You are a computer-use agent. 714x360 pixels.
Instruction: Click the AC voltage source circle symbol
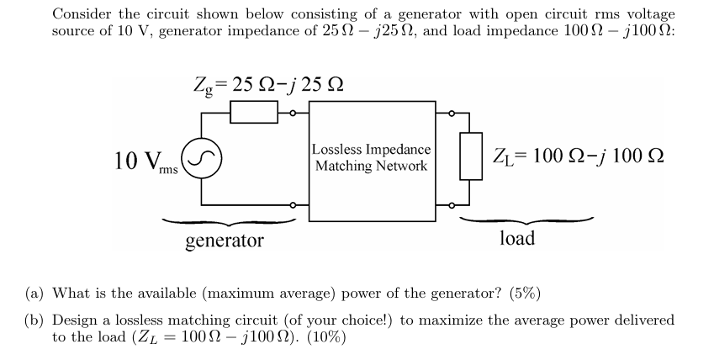point(202,158)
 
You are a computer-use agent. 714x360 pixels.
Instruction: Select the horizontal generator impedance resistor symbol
point(255,111)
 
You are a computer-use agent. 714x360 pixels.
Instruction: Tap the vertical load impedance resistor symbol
point(471,156)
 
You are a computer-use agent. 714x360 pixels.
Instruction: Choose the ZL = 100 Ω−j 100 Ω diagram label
point(577,157)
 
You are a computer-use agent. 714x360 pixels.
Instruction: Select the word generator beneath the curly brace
point(224,241)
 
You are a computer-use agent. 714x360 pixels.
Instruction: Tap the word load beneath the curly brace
point(516,238)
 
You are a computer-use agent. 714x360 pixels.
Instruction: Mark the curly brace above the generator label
point(227,222)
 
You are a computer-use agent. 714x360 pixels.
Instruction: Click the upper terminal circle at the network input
point(292,111)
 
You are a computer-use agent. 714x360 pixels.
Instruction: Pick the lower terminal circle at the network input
point(292,204)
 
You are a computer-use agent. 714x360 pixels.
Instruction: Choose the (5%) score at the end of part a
point(521,294)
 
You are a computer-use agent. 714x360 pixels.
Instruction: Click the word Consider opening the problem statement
point(82,14)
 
